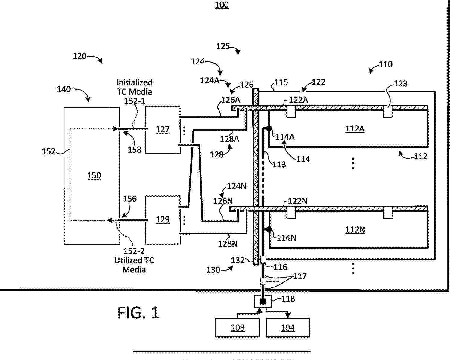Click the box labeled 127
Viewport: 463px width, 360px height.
click(163, 129)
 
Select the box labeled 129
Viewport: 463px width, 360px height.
click(163, 220)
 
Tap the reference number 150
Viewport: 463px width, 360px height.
click(94, 175)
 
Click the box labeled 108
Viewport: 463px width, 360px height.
click(238, 327)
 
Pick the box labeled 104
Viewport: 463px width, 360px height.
click(288, 327)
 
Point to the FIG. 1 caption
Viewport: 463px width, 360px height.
click(138, 313)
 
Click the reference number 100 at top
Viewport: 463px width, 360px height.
click(222, 5)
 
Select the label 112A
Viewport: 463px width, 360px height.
click(355, 129)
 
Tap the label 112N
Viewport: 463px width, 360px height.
click(355, 230)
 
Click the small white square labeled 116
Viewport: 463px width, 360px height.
click(263, 259)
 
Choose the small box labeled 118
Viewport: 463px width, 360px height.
click(263, 301)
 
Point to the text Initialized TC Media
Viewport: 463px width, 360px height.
click(134, 87)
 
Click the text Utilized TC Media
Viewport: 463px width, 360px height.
click(134, 265)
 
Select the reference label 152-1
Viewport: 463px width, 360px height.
click(134, 101)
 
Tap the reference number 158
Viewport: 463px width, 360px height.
click(134, 149)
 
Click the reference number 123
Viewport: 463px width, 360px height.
click(400, 83)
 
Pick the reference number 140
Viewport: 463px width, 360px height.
click(64, 89)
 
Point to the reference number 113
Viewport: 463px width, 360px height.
click(279, 164)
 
